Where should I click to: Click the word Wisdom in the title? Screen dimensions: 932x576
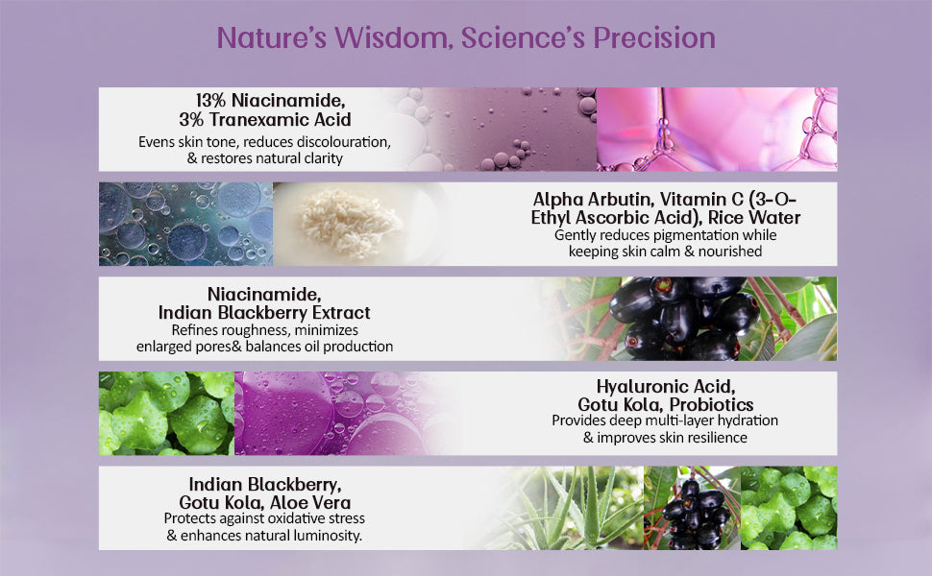[x=390, y=37]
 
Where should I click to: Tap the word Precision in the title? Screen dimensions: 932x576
[x=653, y=37]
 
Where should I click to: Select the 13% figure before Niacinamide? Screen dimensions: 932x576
[x=210, y=100]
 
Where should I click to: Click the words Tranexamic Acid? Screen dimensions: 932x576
[x=280, y=119]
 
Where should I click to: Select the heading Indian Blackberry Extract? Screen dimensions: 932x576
[x=264, y=312]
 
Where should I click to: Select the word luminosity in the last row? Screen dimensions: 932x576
[x=327, y=536]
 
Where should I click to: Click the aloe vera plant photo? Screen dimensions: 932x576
[x=576, y=508]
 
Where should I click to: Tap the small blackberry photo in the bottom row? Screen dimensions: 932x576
[x=692, y=508]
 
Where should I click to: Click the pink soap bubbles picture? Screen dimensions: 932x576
[x=717, y=130]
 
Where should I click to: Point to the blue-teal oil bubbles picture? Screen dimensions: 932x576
[x=186, y=224]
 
